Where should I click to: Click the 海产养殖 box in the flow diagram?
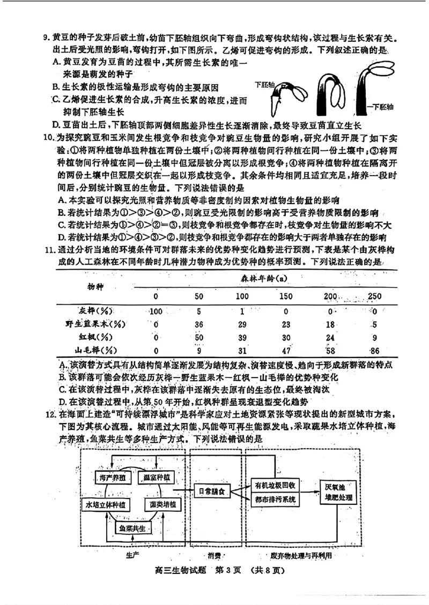point(109,477)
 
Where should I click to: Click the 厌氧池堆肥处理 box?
point(337,491)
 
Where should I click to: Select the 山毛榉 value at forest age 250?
point(374,350)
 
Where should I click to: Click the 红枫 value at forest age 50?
point(198,337)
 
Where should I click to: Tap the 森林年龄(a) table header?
point(263,279)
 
